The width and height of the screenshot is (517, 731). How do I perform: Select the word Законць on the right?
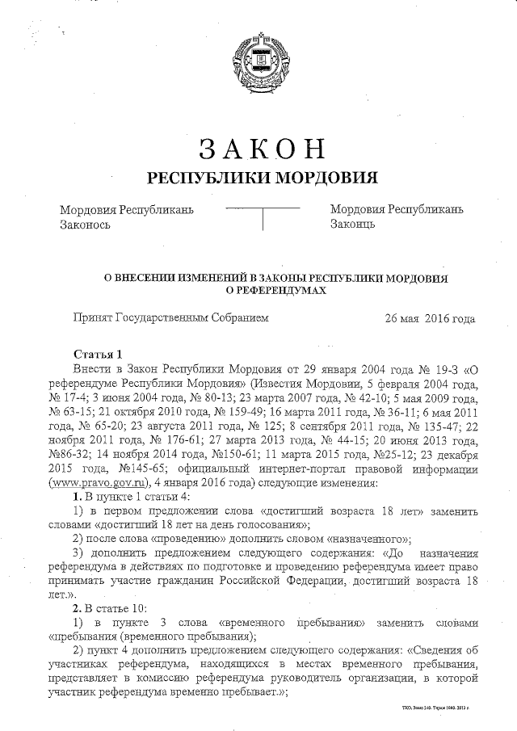click(352, 225)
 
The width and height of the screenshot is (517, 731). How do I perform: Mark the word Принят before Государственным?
click(92, 319)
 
